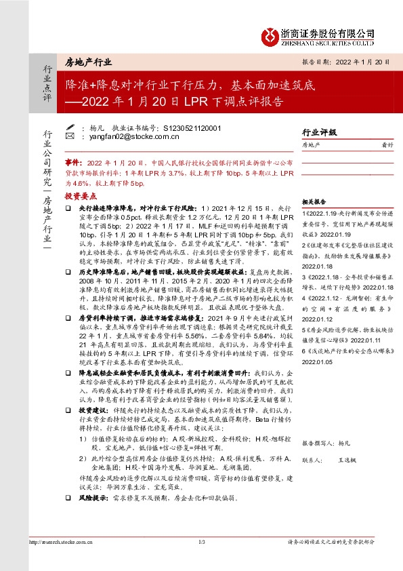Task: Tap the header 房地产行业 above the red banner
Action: point(89,62)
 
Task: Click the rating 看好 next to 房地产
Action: point(386,145)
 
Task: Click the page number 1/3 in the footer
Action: point(201,542)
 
